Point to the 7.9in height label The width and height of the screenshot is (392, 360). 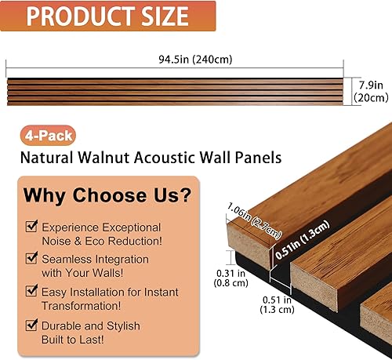(371, 84)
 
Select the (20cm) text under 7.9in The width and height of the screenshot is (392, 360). (371, 98)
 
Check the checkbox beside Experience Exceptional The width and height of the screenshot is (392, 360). (31, 227)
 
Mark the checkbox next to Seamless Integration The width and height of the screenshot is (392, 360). (31, 258)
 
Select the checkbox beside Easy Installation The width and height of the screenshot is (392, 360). (31, 289)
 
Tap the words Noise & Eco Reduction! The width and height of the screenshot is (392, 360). (102, 242)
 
